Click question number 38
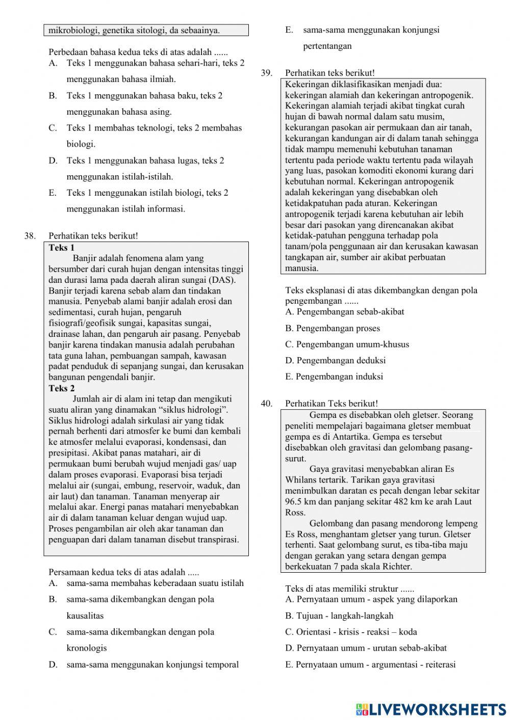[30, 236]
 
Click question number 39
[266, 73]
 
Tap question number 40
[266, 404]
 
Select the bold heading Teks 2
[62, 388]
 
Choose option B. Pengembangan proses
[333, 328]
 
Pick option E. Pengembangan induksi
[334, 377]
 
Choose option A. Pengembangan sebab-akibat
[345, 312]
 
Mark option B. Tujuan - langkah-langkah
[339, 616]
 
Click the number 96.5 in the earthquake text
[295, 501]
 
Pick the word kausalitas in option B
[85, 616]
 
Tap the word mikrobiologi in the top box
[73, 30]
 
